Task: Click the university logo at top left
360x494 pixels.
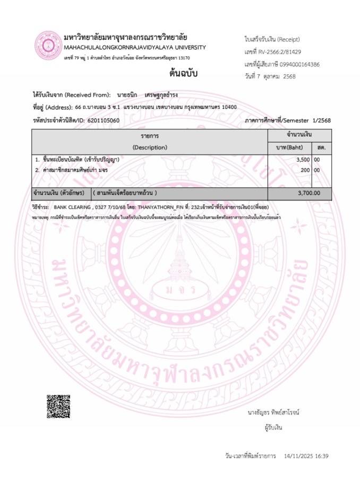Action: click(x=48, y=46)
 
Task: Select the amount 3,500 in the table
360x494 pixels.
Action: click(x=303, y=159)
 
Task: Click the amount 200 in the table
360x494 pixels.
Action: click(x=305, y=170)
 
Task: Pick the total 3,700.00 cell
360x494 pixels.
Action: click(x=309, y=193)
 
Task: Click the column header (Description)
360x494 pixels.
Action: click(x=150, y=147)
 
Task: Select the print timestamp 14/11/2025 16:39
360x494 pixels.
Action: click(x=306, y=456)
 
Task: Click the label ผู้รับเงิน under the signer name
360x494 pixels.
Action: click(x=273, y=427)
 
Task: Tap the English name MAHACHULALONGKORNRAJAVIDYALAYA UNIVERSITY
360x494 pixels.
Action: click(x=134, y=48)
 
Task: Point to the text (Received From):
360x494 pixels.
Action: click(x=88, y=95)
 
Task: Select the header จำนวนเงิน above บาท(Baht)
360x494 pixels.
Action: click(x=299, y=135)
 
